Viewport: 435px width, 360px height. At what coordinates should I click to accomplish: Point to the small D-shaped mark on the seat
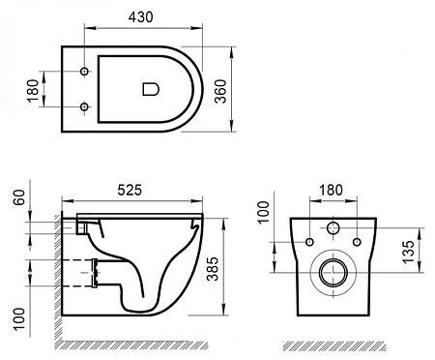pyautogui.click(x=150, y=88)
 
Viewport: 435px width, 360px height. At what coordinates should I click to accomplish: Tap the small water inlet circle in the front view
pyautogui.click(x=333, y=229)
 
